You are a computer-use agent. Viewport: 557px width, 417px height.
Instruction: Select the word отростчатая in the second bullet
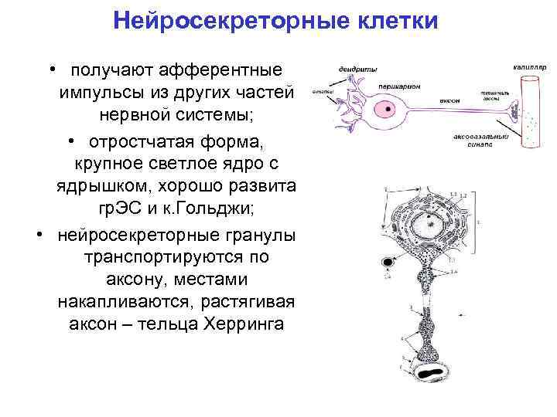point(138,143)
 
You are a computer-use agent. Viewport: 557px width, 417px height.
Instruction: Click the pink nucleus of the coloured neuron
point(381,109)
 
